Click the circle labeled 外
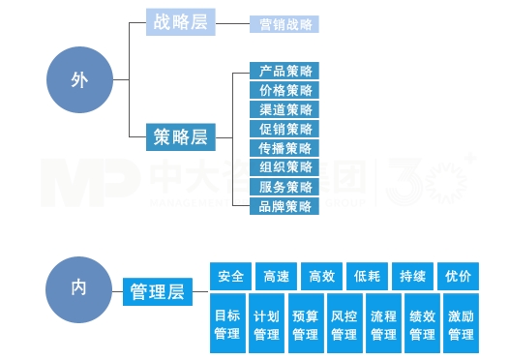click(79, 79)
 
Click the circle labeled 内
click(79, 287)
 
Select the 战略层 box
click(181, 22)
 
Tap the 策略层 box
click(181, 137)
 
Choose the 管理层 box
click(157, 290)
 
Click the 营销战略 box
click(284, 24)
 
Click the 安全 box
click(231, 276)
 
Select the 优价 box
click(459, 276)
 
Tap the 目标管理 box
click(227, 324)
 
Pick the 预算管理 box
click(306, 324)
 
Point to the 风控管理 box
click(344, 324)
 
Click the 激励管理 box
click(461, 324)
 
